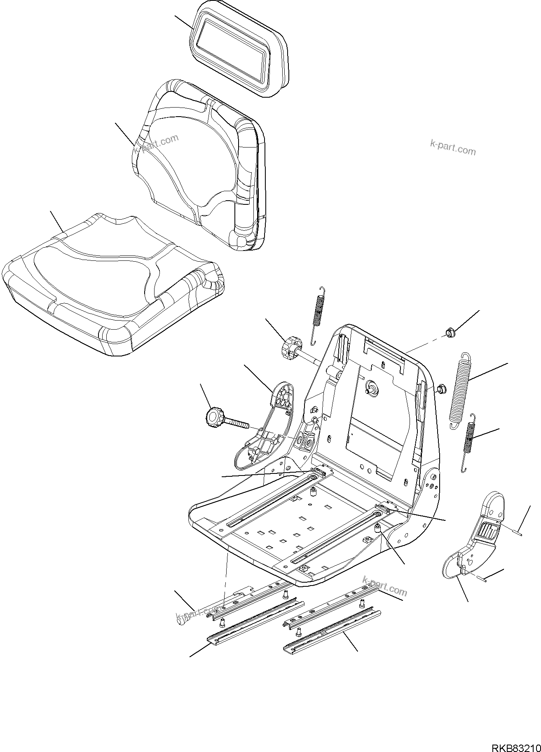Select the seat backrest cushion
point(198,165)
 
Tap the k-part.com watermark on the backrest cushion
point(157,143)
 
